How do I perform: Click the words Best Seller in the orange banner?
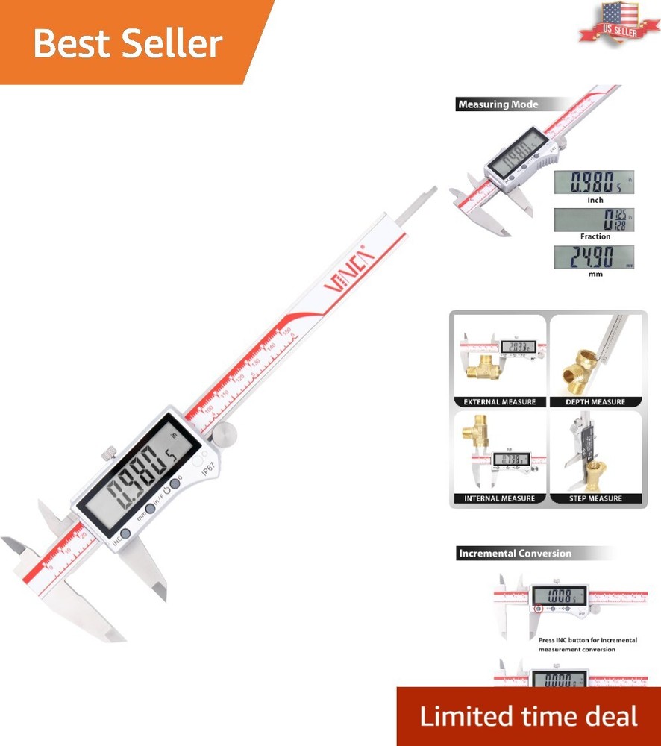pyautogui.click(x=128, y=43)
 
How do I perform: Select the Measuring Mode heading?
pyautogui.click(x=498, y=104)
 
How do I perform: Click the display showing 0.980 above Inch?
pyautogui.click(x=594, y=182)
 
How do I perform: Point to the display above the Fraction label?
pyautogui.click(x=594, y=219)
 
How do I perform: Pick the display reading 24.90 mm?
pyautogui.click(x=594, y=257)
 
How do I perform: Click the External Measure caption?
pyautogui.click(x=500, y=402)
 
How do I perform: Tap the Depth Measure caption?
pyautogui.click(x=596, y=402)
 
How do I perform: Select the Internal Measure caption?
pyautogui.click(x=500, y=498)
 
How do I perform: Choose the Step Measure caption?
pyautogui.click(x=596, y=498)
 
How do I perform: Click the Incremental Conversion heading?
pyautogui.click(x=515, y=554)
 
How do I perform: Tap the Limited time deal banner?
pyautogui.click(x=528, y=717)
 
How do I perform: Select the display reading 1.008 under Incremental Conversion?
pyautogui.click(x=559, y=596)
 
